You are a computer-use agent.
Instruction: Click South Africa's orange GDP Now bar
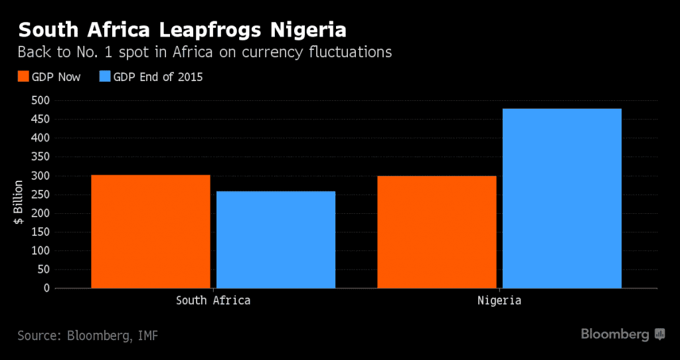click(151, 231)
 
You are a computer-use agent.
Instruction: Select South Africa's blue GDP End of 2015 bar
click(276, 239)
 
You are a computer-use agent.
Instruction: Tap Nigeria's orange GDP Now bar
click(436, 232)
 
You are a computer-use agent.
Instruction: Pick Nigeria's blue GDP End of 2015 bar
click(562, 198)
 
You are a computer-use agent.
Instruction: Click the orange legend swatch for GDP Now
click(23, 77)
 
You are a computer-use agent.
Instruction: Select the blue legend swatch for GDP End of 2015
click(104, 77)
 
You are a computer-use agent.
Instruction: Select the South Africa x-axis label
click(213, 300)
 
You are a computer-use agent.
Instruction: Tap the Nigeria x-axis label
click(499, 300)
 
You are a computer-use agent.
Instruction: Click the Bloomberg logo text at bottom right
click(615, 334)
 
